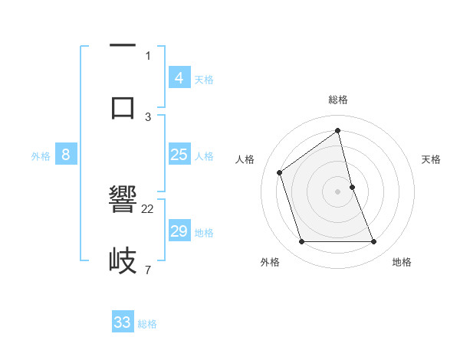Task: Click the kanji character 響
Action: pos(123,201)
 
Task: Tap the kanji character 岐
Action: pos(123,261)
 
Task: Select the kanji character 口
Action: pos(123,107)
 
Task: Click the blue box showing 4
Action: pos(179,77)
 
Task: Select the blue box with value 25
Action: pos(179,155)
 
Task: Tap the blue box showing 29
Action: pos(179,231)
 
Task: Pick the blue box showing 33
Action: pos(123,322)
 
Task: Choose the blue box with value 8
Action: pos(66,155)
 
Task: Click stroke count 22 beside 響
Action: pos(148,208)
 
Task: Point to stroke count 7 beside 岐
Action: pos(148,270)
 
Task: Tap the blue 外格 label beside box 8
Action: pos(41,155)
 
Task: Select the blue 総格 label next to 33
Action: pos(147,324)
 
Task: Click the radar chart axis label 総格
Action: pos(338,100)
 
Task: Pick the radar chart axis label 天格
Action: pos(432,159)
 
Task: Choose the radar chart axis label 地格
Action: pos(402,262)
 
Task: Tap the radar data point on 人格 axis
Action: pos(280,172)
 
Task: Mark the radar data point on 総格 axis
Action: pos(338,130)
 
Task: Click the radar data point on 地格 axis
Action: pos(374,242)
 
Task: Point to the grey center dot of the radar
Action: pos(338,191)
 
